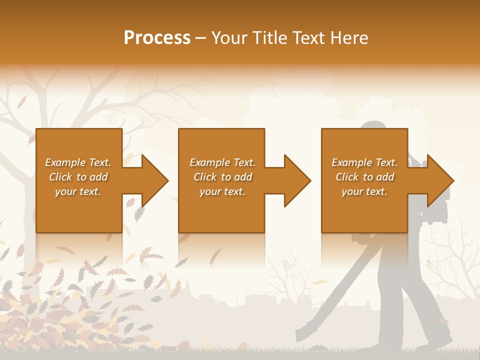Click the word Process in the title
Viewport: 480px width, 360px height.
click(x=157, y=38)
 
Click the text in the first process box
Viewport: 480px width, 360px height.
click(x=78, y=177)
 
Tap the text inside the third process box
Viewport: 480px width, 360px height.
click(x=364, y=177)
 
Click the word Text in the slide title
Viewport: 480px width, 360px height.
click(x=309, y=38)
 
